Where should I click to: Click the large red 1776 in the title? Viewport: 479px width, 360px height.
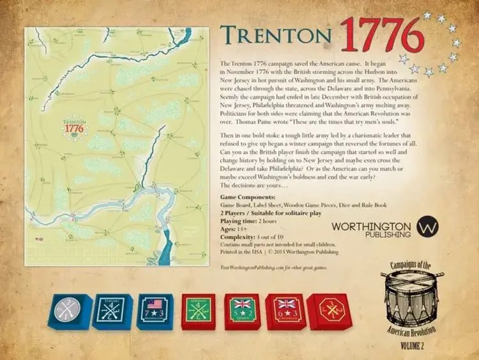tap(382, 36)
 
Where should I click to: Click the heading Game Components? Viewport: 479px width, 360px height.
tap(248, 199)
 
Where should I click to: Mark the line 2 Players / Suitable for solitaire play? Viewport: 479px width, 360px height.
tap(268, 213)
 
